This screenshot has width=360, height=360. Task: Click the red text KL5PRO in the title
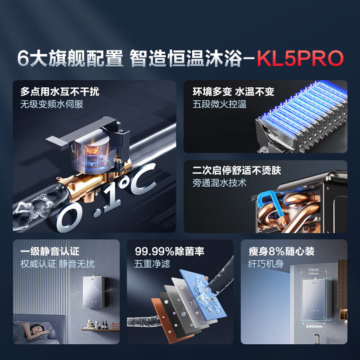(x=300, y=58)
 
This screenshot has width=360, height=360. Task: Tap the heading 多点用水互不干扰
(x=60, y=92)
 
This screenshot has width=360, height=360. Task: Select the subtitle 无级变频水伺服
(x=52, y=105)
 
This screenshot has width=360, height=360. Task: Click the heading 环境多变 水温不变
(x=233, y=92)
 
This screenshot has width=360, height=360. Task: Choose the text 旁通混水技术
(x=220, y=183)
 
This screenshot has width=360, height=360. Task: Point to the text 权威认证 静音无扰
(x=57, y=264)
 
